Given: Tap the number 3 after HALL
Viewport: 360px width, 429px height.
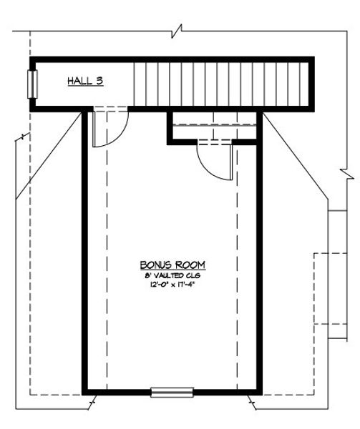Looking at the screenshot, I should click(100, 82).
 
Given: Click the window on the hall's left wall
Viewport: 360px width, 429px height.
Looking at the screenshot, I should click(31, 84).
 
